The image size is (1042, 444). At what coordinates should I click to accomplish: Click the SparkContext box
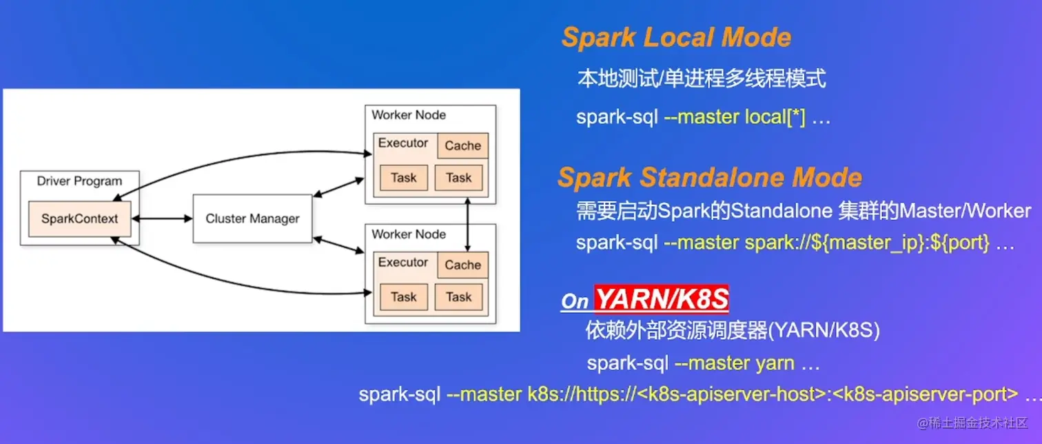tap(79, 219)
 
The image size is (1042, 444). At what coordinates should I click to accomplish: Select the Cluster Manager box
tap(252, 219)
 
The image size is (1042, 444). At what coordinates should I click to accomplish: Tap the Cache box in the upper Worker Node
tap(462, 146)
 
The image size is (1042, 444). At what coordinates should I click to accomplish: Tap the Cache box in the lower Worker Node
tap(462, 265)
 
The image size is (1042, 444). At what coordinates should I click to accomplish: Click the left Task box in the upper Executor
tap(403, 178)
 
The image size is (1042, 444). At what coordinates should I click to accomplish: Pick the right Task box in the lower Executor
tap(458, 297)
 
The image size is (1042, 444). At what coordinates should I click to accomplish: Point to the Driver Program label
tap(79, 181)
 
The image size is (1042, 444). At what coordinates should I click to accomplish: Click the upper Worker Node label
tap(409, 115)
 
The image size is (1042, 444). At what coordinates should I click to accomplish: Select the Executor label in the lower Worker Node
tap(403, 263)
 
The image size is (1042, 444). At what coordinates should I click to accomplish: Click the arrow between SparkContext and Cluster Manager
tap(162, 219)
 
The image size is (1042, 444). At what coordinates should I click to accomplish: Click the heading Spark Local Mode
tap(676, 38)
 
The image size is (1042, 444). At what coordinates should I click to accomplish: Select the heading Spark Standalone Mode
tap(709, 178)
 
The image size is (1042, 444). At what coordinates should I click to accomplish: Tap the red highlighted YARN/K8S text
tap(662, 300)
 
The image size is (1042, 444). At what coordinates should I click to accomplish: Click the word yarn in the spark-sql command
tap(775, 363)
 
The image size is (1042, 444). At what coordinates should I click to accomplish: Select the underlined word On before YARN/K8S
tap(575, 301)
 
